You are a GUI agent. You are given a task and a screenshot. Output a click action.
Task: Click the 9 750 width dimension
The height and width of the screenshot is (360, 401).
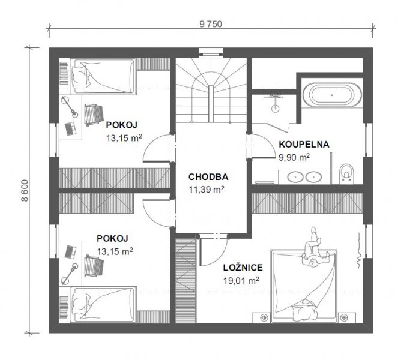(211, 24)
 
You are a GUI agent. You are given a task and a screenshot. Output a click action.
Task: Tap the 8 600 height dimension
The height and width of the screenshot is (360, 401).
(25, 190)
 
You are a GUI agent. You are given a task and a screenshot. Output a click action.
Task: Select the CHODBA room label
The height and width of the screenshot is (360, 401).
(208, 177)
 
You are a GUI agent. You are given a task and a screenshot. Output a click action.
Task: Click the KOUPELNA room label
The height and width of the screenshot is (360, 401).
(304, 144)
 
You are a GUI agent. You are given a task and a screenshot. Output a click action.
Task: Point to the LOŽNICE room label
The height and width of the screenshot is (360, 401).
(243, 268)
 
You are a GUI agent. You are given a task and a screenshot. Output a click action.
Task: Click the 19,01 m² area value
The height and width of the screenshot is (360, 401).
(241, 280)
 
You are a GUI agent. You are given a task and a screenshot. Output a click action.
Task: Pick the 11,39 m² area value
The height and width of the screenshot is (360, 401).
(207, 190)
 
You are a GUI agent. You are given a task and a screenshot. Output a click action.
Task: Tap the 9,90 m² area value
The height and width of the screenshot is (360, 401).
(294, 157)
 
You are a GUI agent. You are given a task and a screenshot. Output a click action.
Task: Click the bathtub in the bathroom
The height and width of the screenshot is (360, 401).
(332, 95)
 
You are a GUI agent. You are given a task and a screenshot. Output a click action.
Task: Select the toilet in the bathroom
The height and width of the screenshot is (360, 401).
(346, 174)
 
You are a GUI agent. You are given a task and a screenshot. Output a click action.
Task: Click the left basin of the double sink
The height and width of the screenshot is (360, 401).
(295, 177)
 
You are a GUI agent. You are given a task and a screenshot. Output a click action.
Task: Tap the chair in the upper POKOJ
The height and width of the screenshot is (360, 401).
(94, 115)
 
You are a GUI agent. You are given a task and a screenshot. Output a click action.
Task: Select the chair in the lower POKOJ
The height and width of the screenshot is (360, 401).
(94, 266)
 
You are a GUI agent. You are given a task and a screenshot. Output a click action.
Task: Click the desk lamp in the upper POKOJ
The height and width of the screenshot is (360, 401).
(69, 106)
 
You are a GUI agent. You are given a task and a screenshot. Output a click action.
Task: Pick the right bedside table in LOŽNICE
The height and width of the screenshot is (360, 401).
(347, 318)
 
